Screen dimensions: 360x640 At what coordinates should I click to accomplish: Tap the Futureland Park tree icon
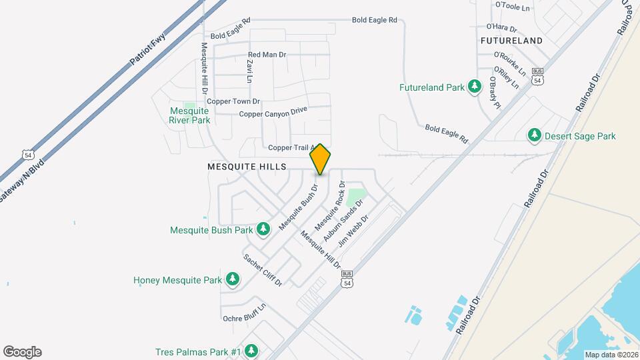[475, 87]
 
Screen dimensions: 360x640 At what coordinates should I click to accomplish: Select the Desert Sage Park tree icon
[534, 136]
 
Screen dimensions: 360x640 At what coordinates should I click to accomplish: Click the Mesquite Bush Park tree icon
[263, 230]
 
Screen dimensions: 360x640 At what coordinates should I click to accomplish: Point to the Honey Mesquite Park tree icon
[232, 280]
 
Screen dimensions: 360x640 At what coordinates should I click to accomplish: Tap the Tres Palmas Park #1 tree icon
[251, 351]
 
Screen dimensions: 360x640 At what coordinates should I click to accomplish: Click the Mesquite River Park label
[189, 115]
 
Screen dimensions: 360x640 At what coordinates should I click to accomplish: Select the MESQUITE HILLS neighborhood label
[247, 166]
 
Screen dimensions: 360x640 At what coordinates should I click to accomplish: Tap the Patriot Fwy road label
[147, 51]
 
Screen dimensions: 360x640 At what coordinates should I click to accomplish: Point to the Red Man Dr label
[267, 55]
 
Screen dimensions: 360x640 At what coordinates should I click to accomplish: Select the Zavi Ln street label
[250, 70]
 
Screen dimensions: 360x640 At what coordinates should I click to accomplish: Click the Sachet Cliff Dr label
[263, 270]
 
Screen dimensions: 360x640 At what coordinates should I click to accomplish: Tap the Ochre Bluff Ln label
[245, 313]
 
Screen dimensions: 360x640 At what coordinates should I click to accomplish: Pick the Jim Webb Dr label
[353, 231]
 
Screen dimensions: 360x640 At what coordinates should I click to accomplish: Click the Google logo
[22, 352]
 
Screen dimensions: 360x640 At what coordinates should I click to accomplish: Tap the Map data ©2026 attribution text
[611, 355]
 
